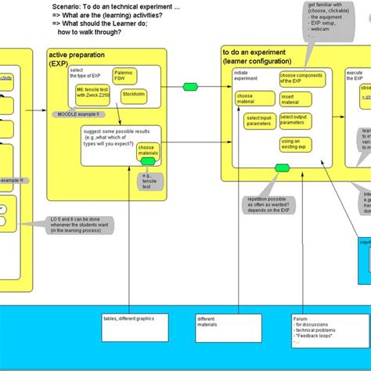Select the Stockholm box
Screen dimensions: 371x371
133,95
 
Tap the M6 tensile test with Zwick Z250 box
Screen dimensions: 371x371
92,95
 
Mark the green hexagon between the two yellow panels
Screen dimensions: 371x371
189,85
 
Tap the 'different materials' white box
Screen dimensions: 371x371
218,328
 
